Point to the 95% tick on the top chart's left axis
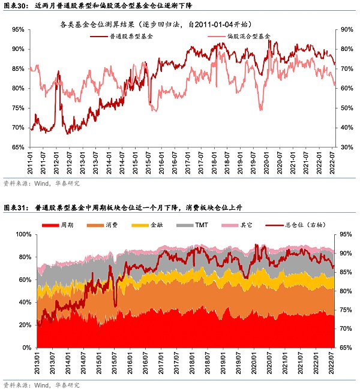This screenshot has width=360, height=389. click(x=18, y=29)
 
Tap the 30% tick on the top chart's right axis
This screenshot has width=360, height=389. click(x=347, y=147)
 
